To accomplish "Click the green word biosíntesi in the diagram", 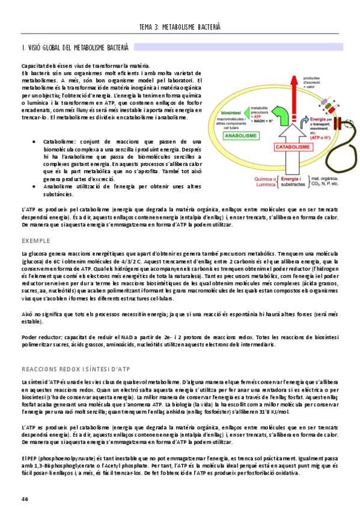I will click(x=232, y=112).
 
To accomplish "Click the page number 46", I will click(x=25, y=499).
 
